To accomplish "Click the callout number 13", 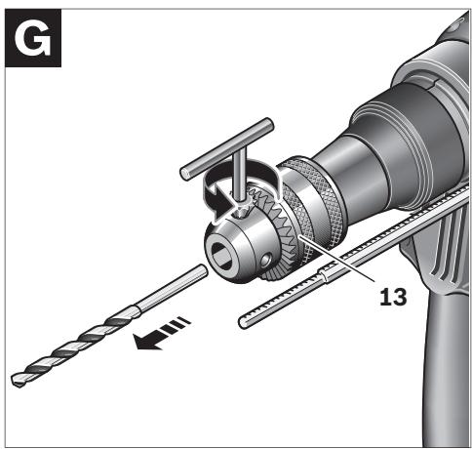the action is [393, 297].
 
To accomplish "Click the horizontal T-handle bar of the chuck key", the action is [227, 148].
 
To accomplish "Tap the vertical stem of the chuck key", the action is [239, 179].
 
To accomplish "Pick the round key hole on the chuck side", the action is [266, 260].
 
